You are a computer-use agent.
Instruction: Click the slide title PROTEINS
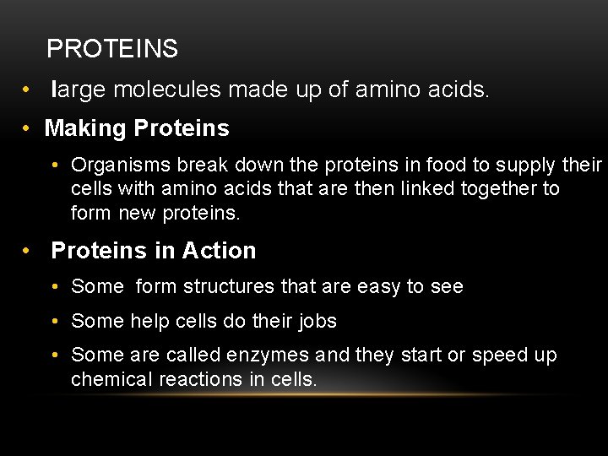pyautogui.click(x=112, y=49)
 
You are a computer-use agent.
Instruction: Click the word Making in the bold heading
pyautogui.click(x=85, y=128)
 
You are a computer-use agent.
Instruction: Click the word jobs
pyautogui.click(x=317, y=322)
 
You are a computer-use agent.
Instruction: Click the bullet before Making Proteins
pyautogui.click(x=28, y=129)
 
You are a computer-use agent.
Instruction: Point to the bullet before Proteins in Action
pyautogui.click(x=28, y=252)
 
